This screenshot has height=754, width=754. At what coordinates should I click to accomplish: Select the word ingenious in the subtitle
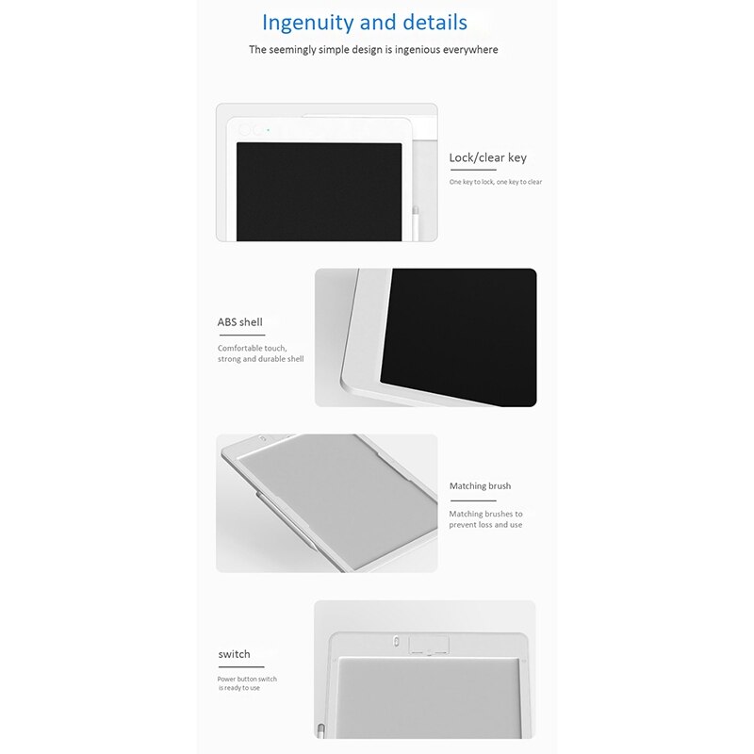[418, 50]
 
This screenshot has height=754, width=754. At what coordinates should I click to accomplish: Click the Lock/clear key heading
[487, 157]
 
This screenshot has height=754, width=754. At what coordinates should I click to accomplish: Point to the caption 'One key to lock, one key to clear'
[496, 182]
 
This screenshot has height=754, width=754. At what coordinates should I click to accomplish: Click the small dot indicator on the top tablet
[269, 130]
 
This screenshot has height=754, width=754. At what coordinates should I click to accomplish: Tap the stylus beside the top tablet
[416, 223]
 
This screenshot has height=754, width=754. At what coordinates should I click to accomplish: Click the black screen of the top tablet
[319, 191]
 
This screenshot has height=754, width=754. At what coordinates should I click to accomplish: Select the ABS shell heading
[240, 322]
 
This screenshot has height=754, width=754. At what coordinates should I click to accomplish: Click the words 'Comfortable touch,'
[252, 348]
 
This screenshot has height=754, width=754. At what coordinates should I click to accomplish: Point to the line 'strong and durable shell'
[261, 359]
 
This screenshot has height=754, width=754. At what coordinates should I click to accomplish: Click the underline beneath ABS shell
[241, 335]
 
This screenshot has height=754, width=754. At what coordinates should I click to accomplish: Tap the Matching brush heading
[480, 486]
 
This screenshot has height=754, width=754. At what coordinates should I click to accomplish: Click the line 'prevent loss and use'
[485, 525]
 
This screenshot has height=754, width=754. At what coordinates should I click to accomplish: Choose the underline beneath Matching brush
[473, 500]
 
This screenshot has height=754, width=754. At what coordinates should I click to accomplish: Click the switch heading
[234, 654]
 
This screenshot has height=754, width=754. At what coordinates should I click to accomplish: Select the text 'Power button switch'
[247, 679]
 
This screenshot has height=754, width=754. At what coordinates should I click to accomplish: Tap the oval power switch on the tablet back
[396, 642]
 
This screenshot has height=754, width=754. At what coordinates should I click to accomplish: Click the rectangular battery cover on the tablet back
[429, 645]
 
